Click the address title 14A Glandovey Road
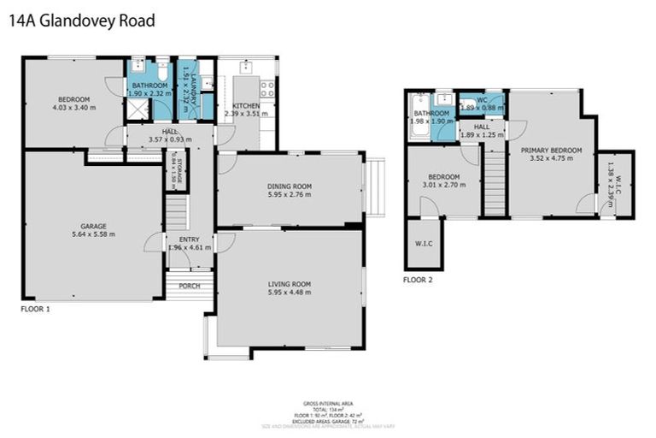[81, 21]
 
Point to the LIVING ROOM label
[290, 284]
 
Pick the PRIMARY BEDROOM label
[555, 150]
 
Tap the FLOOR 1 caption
[35, 308]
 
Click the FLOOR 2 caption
[419, 279]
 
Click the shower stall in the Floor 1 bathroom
[137, 109]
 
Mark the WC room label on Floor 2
[482, 100]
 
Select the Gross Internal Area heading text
[328, 403]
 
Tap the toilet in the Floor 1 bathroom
[161, 68]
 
